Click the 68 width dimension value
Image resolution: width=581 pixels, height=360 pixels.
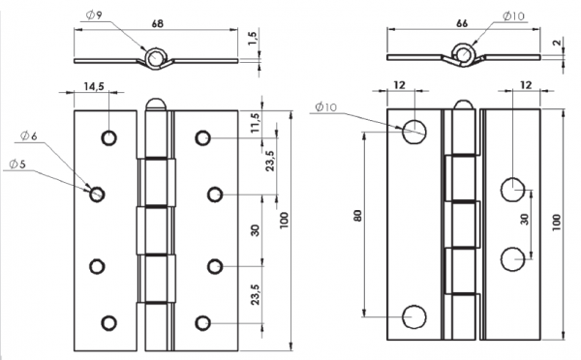click(158, 23)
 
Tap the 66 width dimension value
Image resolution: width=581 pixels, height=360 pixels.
click(462, 23)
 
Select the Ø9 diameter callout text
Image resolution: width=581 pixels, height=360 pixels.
click(94, 15)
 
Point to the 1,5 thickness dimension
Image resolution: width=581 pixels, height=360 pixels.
click(253, 38)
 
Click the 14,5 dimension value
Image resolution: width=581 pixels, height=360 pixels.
click(94, 86)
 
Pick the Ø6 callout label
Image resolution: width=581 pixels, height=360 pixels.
click(28, 135)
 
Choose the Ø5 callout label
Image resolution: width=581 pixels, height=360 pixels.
click(17, 164)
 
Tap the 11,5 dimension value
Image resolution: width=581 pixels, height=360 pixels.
click(256, 123)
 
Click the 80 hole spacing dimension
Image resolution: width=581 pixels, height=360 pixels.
click(357, 216)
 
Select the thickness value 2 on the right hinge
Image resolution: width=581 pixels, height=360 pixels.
click(557, 43)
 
